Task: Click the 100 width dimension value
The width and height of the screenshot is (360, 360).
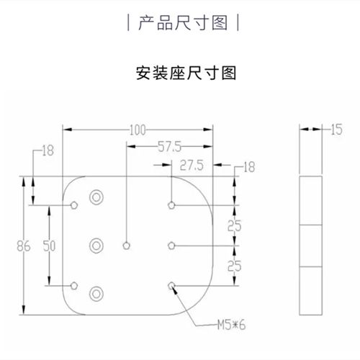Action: click(138, 130)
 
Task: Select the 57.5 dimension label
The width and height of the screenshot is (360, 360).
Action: click(170, 147)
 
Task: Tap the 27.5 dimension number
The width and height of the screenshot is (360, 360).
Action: click(192, 166)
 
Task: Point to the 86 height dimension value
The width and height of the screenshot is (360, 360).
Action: click(24, 246)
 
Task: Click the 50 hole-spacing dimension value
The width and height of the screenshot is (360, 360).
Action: click(49, 246)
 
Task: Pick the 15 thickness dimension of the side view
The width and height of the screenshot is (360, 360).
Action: click(336, 130)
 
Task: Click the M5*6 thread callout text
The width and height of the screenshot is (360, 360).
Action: click(231, 325)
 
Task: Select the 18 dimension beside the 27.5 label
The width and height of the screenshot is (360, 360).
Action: click(249, 167)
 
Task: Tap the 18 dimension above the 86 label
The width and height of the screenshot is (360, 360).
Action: click(48, 150)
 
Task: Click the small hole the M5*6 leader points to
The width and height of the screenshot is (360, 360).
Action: click(171, 286)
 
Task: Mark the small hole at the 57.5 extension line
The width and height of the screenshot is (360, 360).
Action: click(127, 246)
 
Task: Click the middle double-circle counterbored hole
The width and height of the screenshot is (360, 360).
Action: click(96, 246)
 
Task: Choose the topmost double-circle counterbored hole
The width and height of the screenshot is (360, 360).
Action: click(96, 197)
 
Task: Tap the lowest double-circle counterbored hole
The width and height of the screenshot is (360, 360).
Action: click(96, 294)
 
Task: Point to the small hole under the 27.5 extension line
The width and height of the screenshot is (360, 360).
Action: click(171, 205)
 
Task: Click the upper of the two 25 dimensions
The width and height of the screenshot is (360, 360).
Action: click(235, 226)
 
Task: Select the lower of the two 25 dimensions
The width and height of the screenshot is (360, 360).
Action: click(235, 266)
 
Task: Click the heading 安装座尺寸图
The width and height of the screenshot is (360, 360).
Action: click(186, 73)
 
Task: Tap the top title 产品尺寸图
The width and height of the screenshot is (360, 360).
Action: click(183, 23)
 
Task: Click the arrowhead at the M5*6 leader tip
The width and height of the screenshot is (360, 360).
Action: click(175, 289)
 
